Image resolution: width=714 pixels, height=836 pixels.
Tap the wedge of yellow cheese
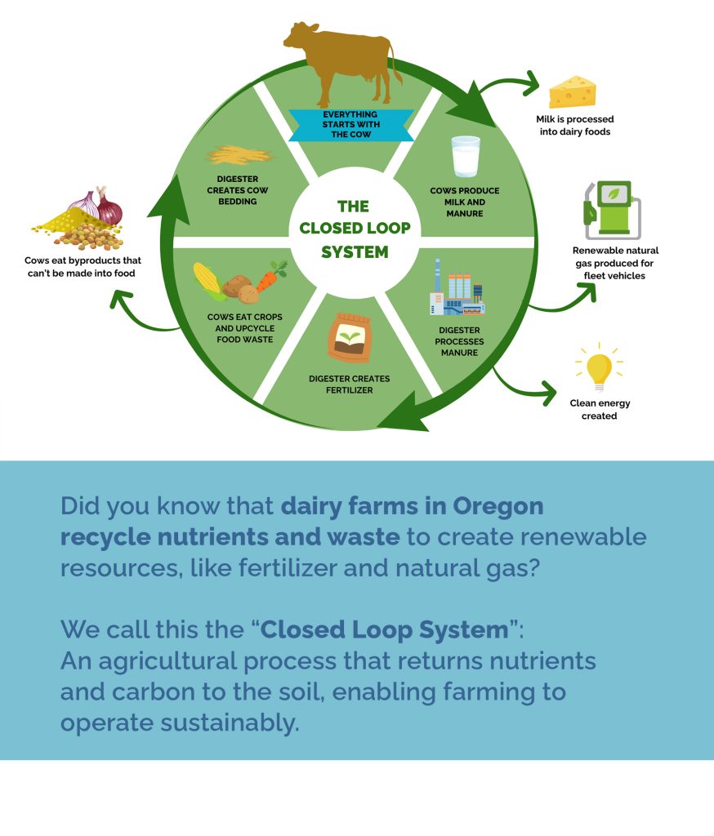572,92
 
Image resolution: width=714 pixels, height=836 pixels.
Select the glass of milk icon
466,157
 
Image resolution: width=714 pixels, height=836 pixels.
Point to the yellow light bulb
599,368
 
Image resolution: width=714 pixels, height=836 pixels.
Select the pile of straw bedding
239,154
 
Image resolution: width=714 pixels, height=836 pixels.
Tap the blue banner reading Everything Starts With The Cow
350,125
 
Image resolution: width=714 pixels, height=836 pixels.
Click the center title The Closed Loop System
355,229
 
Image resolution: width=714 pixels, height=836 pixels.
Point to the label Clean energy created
600,409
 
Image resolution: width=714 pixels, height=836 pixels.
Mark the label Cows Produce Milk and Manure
464,202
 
